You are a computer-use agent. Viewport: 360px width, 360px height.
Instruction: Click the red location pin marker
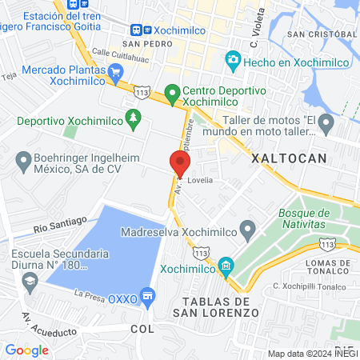click(x=179, y=163)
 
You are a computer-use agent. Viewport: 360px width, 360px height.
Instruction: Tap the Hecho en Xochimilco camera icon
click(x=233, y=59)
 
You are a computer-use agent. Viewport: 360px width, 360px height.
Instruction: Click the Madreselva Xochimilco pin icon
click(x=248, y=232)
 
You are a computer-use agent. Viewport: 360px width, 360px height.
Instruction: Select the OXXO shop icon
click(x=146, y=298)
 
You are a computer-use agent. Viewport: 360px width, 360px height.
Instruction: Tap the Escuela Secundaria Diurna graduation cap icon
click(x=30, y=281)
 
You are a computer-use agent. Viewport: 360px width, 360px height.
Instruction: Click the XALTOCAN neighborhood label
click(x=289, y=158)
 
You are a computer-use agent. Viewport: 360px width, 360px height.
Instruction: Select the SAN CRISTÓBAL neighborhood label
click(x=322, y=35)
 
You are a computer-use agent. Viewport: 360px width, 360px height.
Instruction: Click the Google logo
click(x=26, y=350)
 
